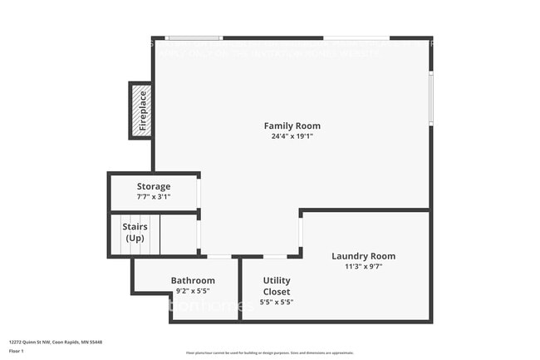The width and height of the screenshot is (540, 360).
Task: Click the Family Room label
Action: coord(291,126)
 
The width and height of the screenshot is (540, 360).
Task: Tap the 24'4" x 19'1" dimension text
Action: coord(291,136)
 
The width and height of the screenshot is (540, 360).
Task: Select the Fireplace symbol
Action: coord(140,111)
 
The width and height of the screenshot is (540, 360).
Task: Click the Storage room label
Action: coord(154,186)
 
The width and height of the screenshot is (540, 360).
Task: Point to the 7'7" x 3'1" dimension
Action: coord(154,197)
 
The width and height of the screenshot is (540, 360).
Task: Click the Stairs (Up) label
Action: coord(135,232)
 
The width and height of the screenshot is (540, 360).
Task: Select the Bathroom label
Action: coord(193,280)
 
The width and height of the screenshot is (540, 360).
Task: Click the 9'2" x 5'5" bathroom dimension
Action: coord(193,291)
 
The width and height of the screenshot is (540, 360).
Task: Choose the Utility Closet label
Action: coord(277,286)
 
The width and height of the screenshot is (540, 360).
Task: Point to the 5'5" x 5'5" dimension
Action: coord(277,302)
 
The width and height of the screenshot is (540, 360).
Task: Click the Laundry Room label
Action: coord(363,256)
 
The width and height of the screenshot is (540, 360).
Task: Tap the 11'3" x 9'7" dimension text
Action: coord(363,267)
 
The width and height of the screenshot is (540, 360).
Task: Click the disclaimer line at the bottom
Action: coord(270,353)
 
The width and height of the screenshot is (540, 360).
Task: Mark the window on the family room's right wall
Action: coord(430,98)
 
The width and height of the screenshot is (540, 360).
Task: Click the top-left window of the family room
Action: coord(194,37)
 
